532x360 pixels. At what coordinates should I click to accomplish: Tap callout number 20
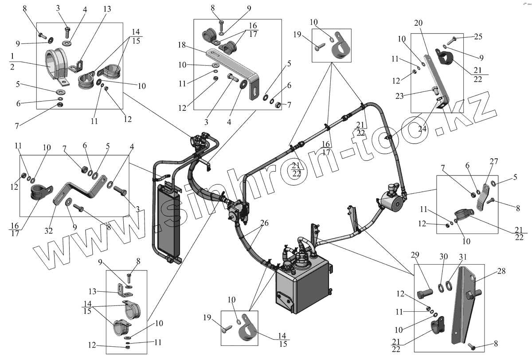[x=419, y=23]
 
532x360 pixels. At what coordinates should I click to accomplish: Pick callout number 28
[x=501, y=271]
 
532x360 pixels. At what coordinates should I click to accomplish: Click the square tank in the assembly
[x=301, y=290]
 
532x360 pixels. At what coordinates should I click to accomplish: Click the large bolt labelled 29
[x=425, y=293]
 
